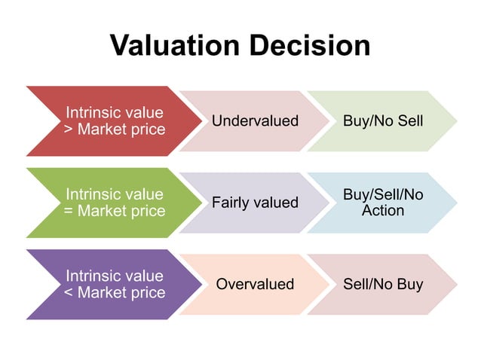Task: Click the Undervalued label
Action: (x=255, y=121)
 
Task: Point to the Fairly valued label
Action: (x=255, y=203)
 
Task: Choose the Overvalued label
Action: (x=255, y=284)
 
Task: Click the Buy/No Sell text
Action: (x=383, y=121)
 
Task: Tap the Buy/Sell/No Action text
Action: (x=383, y=203)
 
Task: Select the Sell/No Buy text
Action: (x=383, y=284)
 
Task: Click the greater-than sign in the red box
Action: (x=69, y=130)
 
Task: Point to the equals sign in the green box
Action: (x=69, y=212)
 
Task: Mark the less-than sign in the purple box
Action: (x=69, y=293)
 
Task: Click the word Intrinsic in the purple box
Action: (x=93, y=276)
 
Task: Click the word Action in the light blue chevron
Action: (x=383, y=211)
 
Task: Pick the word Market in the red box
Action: (x=103, y=130)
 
